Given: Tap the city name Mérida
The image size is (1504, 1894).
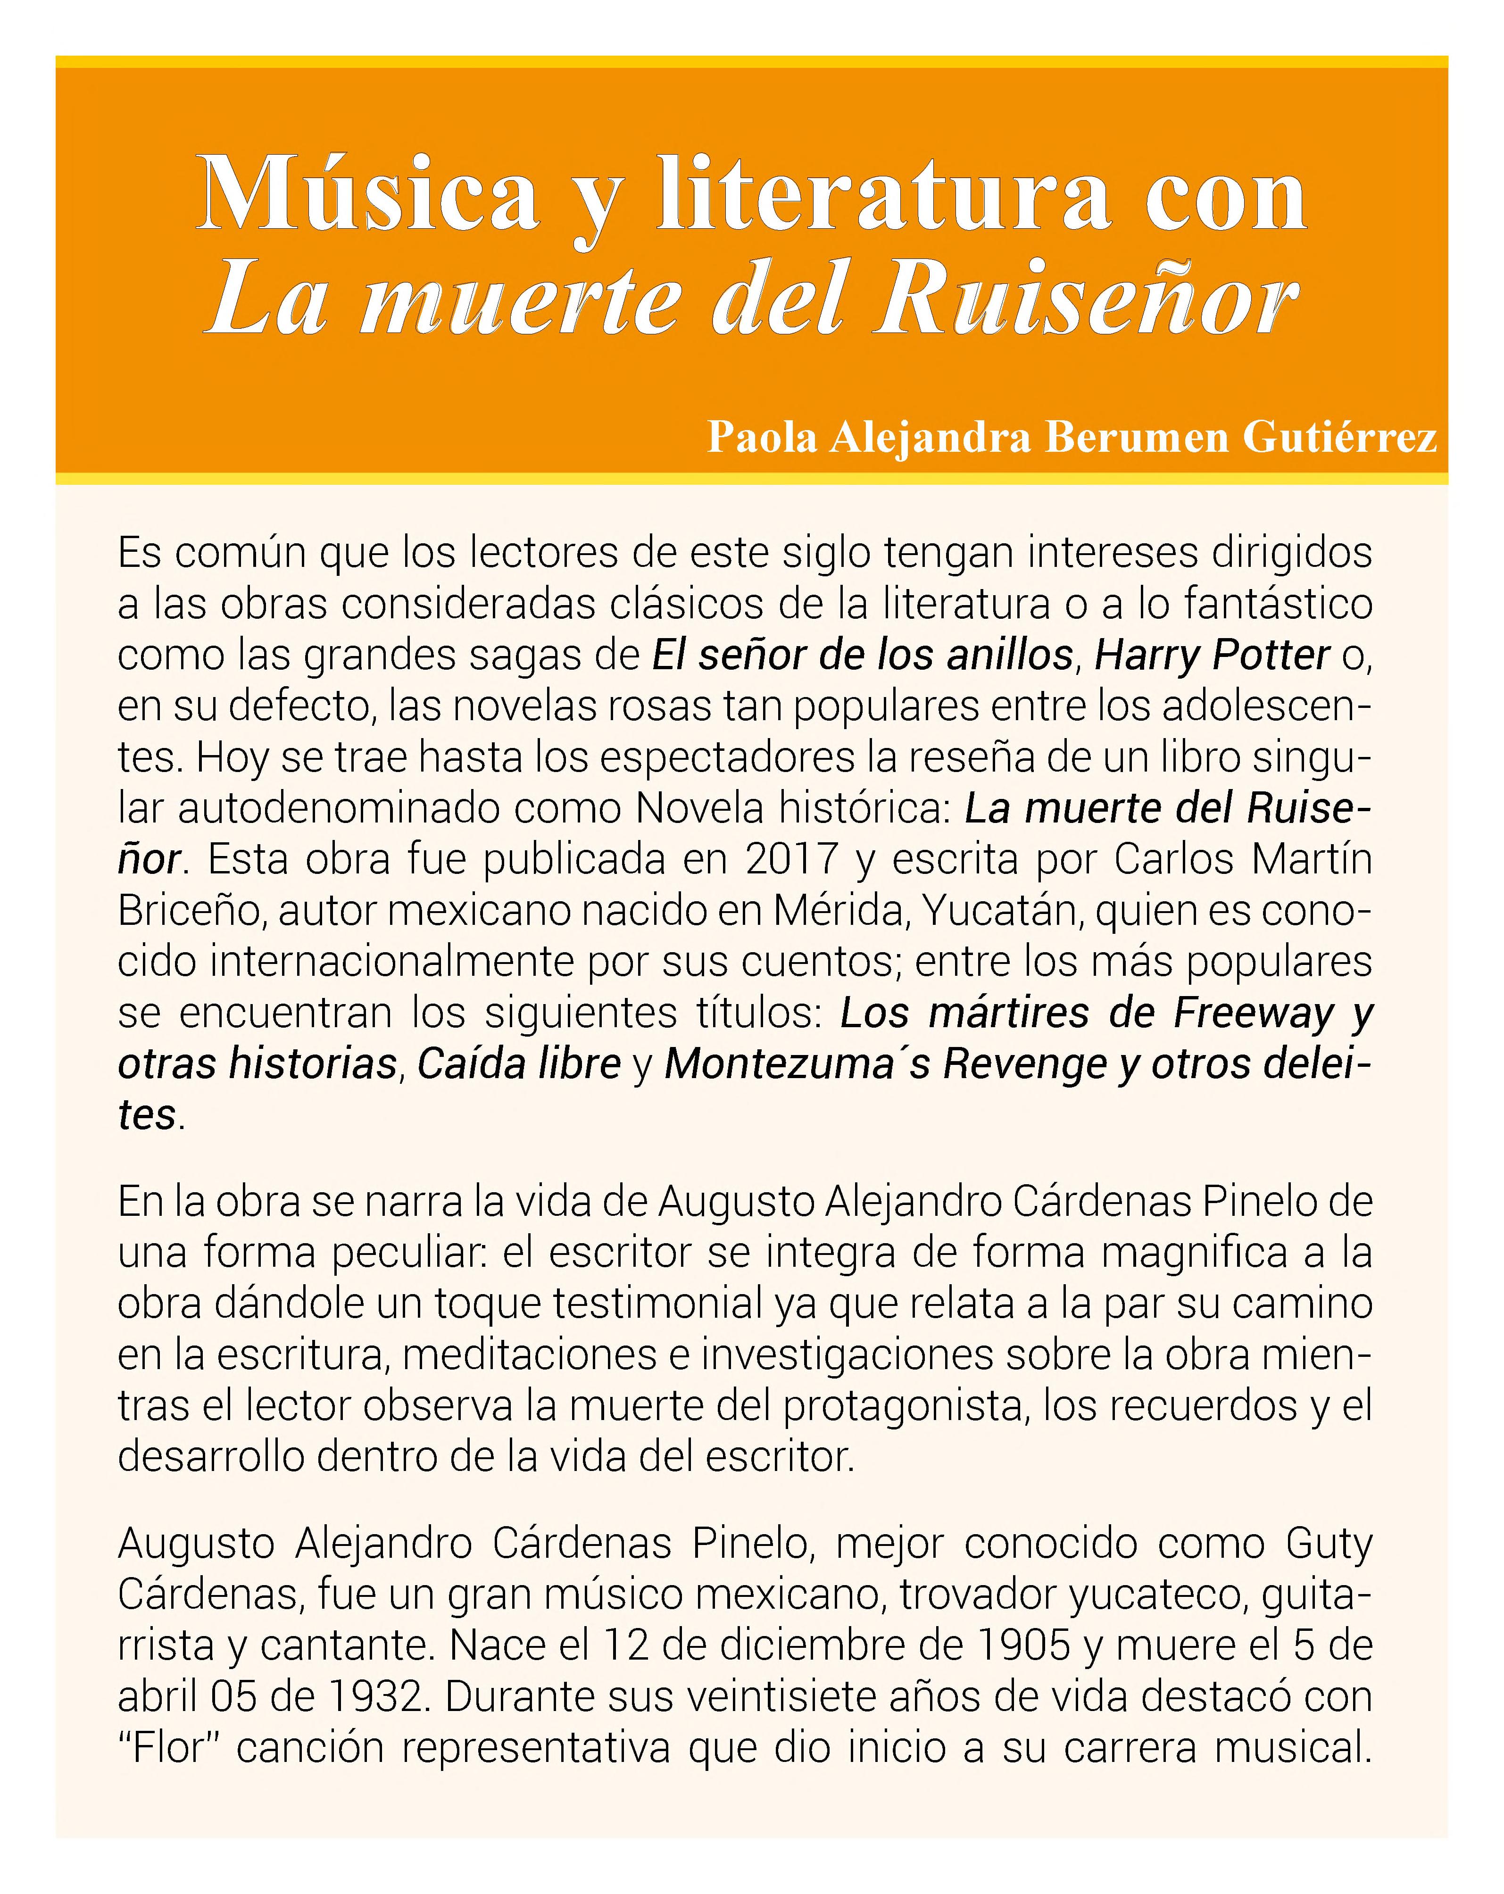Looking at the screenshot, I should (x=835, y=910).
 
